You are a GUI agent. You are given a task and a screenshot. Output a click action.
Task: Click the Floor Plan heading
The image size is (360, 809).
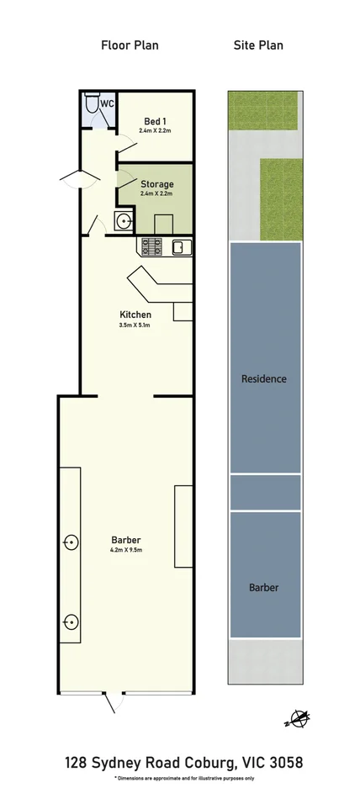click(x=130, y=45)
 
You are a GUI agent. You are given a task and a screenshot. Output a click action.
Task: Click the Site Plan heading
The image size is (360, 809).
click(x=258, y=45)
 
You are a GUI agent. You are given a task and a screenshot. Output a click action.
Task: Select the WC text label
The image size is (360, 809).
click(x=107, y=103)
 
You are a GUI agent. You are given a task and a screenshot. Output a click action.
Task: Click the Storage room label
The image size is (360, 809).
click(x=156, y=183)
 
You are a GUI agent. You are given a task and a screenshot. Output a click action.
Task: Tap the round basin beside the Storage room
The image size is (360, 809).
click(x=124, y=222)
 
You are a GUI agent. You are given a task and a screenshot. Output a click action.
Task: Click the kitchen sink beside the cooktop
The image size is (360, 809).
click(x=180, y=246)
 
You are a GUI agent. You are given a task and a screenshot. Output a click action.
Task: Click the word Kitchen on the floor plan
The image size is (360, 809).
click(x=135, y=315)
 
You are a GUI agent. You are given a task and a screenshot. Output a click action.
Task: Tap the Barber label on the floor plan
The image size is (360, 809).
click(x=125, y=540)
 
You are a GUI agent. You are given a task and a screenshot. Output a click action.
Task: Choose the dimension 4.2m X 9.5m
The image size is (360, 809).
click(x=125, y=551)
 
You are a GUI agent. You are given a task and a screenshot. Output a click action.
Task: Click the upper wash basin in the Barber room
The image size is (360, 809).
click(x=70, y=542)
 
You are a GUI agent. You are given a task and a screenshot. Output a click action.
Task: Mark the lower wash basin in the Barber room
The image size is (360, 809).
click(x=70, y=622)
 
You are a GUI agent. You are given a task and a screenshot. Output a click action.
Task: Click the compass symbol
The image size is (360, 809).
click(x=298, y=717)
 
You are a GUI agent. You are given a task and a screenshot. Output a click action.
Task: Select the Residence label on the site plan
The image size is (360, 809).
click(x=264, y=378)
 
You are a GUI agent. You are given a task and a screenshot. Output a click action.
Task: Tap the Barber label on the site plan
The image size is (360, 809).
click(x=264, y=587)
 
